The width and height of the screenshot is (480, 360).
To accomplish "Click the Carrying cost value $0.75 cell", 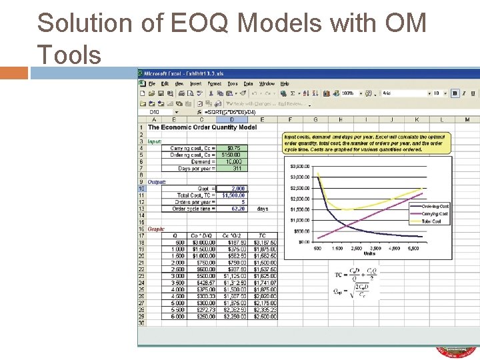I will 233,148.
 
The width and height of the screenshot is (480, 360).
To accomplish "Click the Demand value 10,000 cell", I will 233,161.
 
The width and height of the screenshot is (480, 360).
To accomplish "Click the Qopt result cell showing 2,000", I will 233,189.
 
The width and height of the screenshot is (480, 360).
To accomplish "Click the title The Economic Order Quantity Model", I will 202,127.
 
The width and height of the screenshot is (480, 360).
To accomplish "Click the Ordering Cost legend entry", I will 434,207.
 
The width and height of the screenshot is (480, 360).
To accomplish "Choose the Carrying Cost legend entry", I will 434,214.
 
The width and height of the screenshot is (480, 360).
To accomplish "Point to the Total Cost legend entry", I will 431,221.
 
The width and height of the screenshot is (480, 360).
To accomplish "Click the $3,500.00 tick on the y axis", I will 299,166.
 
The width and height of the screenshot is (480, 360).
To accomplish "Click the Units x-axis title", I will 369,253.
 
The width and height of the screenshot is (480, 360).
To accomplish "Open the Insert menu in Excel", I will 195,84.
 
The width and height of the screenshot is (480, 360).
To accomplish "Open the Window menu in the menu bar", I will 267,84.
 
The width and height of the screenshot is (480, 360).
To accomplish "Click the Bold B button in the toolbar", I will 455,94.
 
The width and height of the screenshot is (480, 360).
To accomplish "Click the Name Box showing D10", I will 155,112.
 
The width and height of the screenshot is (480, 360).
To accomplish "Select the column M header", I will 466,119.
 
